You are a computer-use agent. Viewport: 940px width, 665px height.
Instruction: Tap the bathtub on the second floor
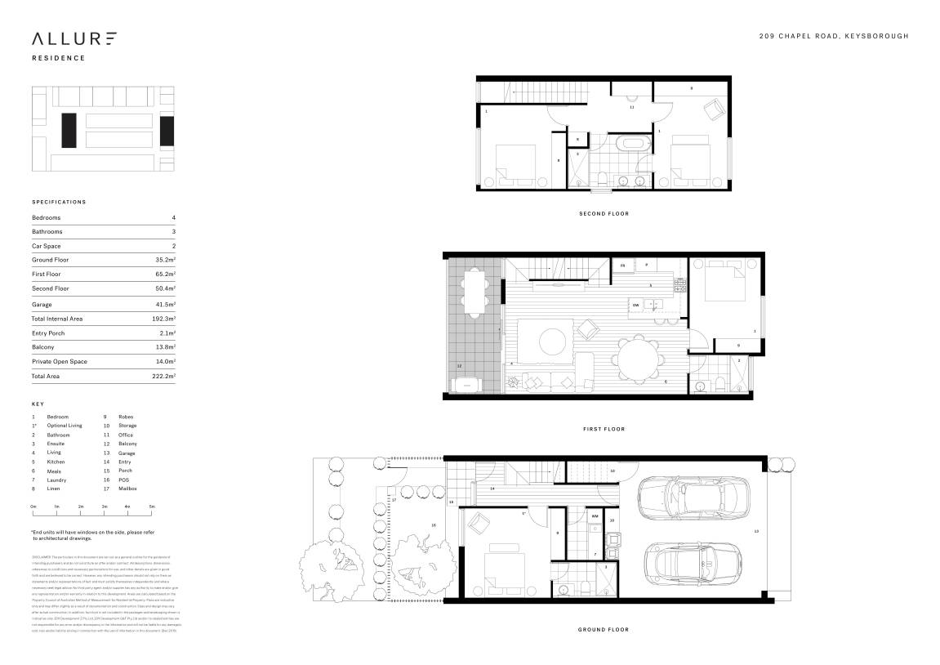click(630, 145)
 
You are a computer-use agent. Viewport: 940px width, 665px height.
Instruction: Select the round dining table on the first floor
click(635, 357)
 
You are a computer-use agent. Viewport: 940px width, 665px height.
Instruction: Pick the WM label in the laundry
click(595, 516)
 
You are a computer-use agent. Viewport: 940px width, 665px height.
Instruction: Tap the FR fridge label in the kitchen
click(622, 266)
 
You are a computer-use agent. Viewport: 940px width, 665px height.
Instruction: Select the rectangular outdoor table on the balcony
click(474, 292)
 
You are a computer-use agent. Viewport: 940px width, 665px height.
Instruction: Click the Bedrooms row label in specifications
click(47, 218)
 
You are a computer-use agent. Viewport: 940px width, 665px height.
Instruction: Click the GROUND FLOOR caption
click(603, 630)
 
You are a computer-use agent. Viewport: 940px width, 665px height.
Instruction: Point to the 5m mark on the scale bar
click(152, 507)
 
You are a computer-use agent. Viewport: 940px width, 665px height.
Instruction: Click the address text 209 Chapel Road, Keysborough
click(833, 36)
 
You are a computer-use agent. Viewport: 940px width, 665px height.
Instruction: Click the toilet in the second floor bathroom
click(602, 179)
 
